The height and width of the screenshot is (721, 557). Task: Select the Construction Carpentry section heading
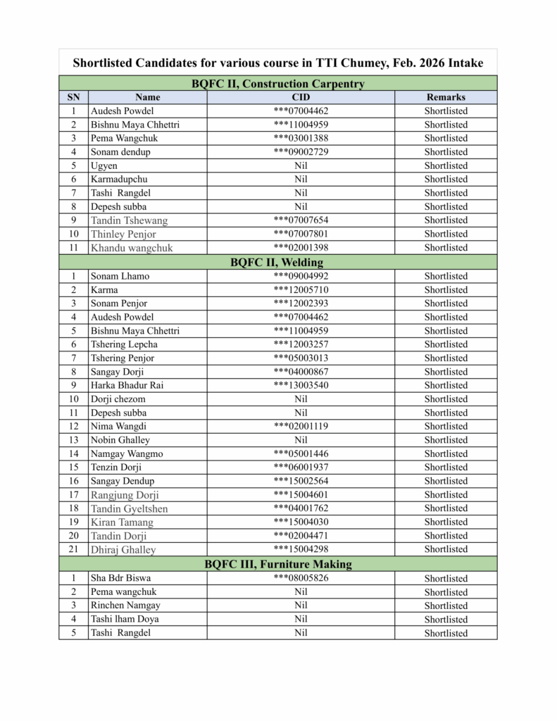pos(278,84)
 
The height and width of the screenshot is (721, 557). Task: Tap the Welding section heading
pos(277,262)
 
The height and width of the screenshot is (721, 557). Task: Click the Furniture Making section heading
pos(277,564)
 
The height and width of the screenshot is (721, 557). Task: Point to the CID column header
pos(301,97)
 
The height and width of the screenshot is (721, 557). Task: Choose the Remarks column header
pos(446,97)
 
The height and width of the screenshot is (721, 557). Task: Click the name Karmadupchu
pos(119,180)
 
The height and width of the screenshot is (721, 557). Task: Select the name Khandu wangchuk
pos(132,248)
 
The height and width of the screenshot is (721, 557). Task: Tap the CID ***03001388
pos(301,138)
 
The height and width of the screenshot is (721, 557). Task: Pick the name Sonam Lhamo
pos(120,276)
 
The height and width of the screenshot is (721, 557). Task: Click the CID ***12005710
pos(301,289)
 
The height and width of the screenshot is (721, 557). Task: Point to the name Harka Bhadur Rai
pos(127,385)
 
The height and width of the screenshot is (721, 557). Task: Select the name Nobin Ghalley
pos(120,440)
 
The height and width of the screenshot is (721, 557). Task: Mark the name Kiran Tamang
pos(122,522)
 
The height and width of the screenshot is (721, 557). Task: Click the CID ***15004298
pos(301,549)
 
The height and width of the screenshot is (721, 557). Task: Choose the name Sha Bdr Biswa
pos(120,578)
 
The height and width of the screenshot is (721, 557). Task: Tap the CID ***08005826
pos(301,578)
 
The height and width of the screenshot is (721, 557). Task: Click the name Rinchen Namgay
pos(125,606)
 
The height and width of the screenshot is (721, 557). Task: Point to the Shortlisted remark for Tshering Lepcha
pos(446,344)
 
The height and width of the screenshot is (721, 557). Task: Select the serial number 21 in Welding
pos(73,549)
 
